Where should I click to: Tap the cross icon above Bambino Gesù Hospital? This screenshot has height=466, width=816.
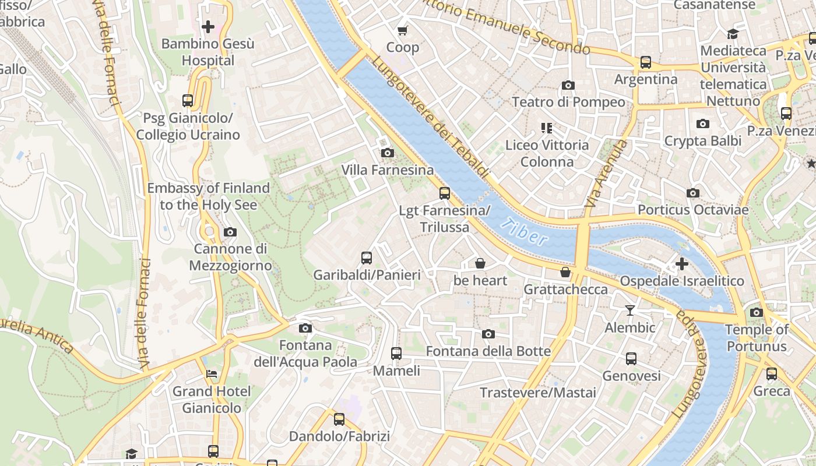[208, 27]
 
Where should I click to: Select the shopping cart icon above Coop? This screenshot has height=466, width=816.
[402, 30]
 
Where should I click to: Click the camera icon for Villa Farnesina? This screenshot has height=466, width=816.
[387, 153]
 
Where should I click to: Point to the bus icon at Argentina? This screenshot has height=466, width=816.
[645, 62]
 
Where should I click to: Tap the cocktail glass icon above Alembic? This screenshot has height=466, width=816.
[629, 310]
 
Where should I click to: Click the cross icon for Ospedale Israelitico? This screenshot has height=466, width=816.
[681, 264]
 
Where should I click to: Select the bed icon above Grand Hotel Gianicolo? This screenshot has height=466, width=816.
[212, 374]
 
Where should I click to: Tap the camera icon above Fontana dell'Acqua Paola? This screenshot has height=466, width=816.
[305, 329]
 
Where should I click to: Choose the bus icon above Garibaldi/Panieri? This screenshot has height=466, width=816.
[367, 257]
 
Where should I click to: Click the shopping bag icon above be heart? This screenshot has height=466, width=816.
[480, 264]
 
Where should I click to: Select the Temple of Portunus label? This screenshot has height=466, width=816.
[756, 338]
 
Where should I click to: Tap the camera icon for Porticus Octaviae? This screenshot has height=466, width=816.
[692, 193]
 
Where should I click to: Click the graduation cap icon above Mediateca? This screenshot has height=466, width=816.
[733, 34]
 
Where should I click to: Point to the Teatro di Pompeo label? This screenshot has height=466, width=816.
[568, 102]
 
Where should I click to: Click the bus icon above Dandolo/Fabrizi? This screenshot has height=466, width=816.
[339, 419]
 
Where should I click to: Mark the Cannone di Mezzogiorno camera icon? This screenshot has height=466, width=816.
[230, 232]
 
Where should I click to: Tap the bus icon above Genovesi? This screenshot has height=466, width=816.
[631, 359]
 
